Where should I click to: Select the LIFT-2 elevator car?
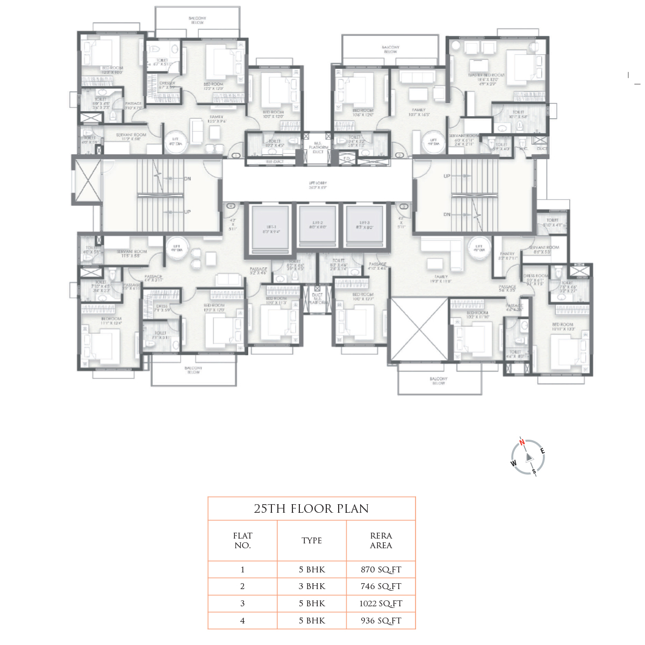tap(317, 225)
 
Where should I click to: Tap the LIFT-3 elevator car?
tap(364, 225)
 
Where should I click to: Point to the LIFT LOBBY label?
tap(318, 185)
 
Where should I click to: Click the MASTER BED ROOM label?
tap(486, 75)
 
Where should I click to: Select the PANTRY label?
tap(507, 253)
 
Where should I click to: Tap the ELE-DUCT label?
tap(275, 161)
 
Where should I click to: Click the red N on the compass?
tap(521, 443)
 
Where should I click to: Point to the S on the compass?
tap(534, 471)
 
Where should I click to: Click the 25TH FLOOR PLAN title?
tap(311, 509)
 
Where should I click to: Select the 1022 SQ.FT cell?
tap(381, 604)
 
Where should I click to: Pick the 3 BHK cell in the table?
tap(312, 586)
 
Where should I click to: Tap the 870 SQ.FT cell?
tap(381, 570)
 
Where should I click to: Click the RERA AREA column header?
tap(381, 540)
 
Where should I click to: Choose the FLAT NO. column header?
tap(242, 540)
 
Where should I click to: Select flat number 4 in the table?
tap(242, 621)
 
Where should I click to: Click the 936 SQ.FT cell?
tap(381, 621)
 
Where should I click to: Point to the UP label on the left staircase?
tap(187, 212)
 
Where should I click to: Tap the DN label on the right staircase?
tap(447, 214)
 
